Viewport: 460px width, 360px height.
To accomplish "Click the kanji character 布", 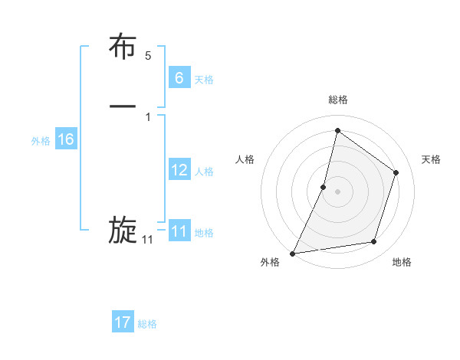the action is coord(123,47).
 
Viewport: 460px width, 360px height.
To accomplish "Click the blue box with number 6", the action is coord(179,77).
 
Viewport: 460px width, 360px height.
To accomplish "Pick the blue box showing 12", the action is coord(179,170).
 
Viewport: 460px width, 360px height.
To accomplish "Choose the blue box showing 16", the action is coord(66,139).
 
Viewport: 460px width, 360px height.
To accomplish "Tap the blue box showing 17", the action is coord(123,322).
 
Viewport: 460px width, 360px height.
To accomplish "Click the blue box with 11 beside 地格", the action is coord(179,231).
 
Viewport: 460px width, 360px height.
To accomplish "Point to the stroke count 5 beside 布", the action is coord(148,56).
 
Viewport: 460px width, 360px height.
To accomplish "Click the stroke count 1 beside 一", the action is coord(148,116).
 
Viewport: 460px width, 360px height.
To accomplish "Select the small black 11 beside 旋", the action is coord(148,240).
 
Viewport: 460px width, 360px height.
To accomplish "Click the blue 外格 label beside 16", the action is coord(41,141).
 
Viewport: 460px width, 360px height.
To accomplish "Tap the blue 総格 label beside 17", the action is coord(147,324).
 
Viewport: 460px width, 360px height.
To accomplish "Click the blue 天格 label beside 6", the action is coord(204,79).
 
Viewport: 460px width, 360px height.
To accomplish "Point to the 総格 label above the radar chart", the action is coord(337,100).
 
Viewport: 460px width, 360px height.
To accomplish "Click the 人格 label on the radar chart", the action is coord(245,159).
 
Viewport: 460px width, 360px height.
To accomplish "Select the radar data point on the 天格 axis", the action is coord(396,172).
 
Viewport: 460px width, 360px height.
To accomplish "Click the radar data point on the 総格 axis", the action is coord(337,130).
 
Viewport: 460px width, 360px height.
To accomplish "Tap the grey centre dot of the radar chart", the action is coord(337,191).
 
